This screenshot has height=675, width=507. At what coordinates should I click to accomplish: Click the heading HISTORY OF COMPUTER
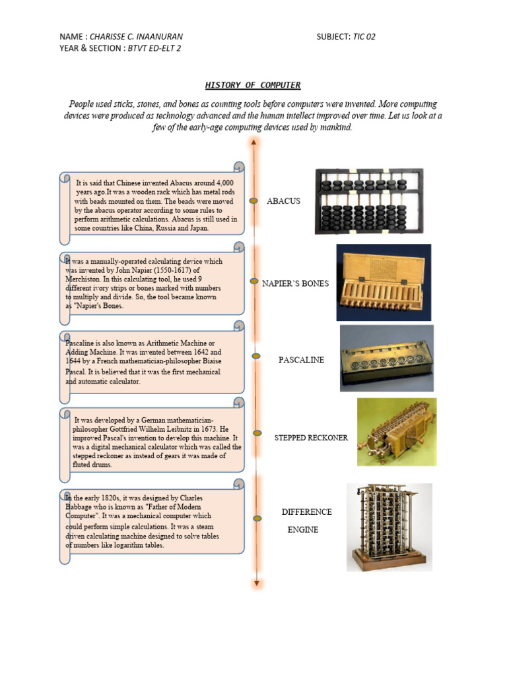pos(253,85)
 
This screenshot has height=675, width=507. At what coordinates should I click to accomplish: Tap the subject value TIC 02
pos(364,36)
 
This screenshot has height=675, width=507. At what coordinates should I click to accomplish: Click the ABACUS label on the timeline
pos(283,200)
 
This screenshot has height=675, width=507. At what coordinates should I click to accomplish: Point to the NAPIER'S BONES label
pos(294,283)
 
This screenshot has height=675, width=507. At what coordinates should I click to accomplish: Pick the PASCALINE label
pos(301,360)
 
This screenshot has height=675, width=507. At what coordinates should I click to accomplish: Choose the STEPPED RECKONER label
pos(310,438)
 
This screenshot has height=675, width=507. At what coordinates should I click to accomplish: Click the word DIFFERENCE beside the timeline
pos(306,512)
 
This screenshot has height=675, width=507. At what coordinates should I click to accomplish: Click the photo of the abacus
pos(368,201)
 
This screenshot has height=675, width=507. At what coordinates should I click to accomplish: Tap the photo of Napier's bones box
pos(383,282)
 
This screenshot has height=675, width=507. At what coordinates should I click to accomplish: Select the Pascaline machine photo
pos(386,357)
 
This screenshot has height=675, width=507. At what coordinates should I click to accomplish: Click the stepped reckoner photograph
pos(396,432)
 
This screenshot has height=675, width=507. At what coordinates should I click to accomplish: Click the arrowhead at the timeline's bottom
pos(255,582)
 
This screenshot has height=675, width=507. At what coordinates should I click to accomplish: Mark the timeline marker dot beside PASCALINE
pos(255,356)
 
